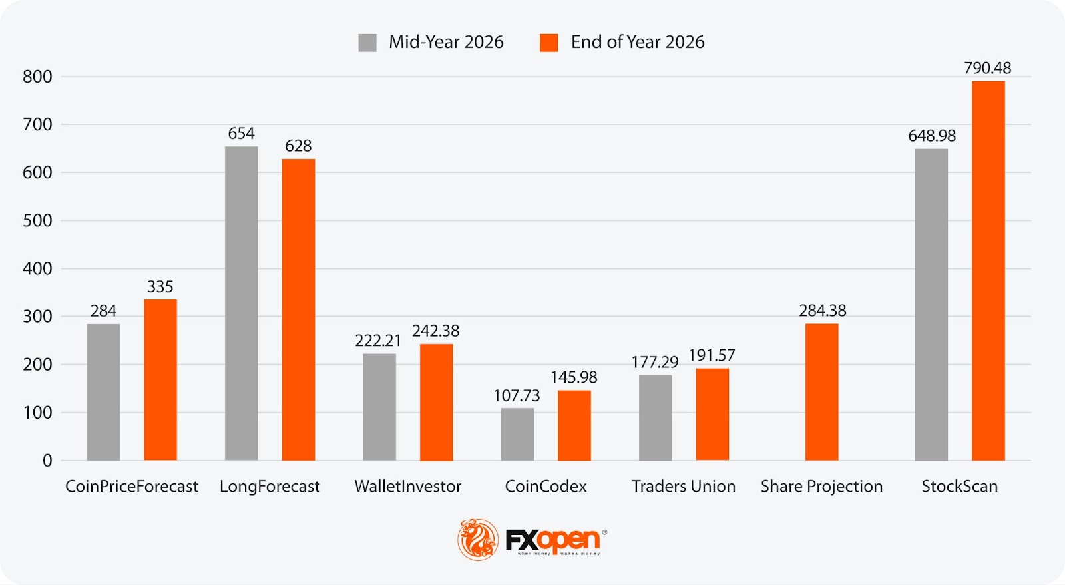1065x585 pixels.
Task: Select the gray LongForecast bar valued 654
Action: [241, 303]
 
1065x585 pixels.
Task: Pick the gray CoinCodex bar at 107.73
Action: [517, 434]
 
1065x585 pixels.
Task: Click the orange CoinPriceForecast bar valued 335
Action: [160, 379]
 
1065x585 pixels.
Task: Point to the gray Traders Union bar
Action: [655, 417]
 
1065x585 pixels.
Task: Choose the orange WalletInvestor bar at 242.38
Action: [436, 402]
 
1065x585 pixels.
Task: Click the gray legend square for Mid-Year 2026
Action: [367, 43]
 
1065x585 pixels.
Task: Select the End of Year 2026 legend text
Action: [637, 42]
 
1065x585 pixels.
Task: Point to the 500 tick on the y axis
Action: [37, 221]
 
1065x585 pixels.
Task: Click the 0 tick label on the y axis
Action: [47, 461]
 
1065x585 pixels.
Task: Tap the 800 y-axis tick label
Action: [37, 77]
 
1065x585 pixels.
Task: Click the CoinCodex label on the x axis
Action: [546, 487]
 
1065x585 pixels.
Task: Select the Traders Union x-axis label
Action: [683, 487]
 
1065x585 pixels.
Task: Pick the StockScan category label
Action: [959, 487]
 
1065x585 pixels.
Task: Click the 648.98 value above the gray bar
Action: [931, 136]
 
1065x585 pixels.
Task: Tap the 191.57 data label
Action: [712, 355]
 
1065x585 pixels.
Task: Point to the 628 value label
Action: [298, 146]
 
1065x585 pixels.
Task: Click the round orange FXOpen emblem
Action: [477, 539]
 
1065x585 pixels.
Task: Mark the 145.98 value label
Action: [574, 377]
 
